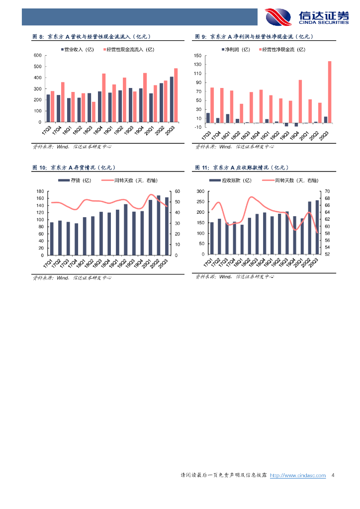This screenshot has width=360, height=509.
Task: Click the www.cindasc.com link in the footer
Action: click(298, 476)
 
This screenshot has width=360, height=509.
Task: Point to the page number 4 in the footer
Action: click(333, 476)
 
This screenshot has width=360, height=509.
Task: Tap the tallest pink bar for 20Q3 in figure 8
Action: click(176, 94)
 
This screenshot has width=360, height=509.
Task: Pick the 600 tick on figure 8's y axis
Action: click(37, 55)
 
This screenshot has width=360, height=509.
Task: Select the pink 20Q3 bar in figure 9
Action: click(329, 92)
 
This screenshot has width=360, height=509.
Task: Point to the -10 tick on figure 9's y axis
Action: click(198, 127)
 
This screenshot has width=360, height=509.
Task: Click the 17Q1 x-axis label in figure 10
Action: click(48, 262)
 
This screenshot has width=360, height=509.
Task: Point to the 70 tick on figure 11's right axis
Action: click(327, 191)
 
